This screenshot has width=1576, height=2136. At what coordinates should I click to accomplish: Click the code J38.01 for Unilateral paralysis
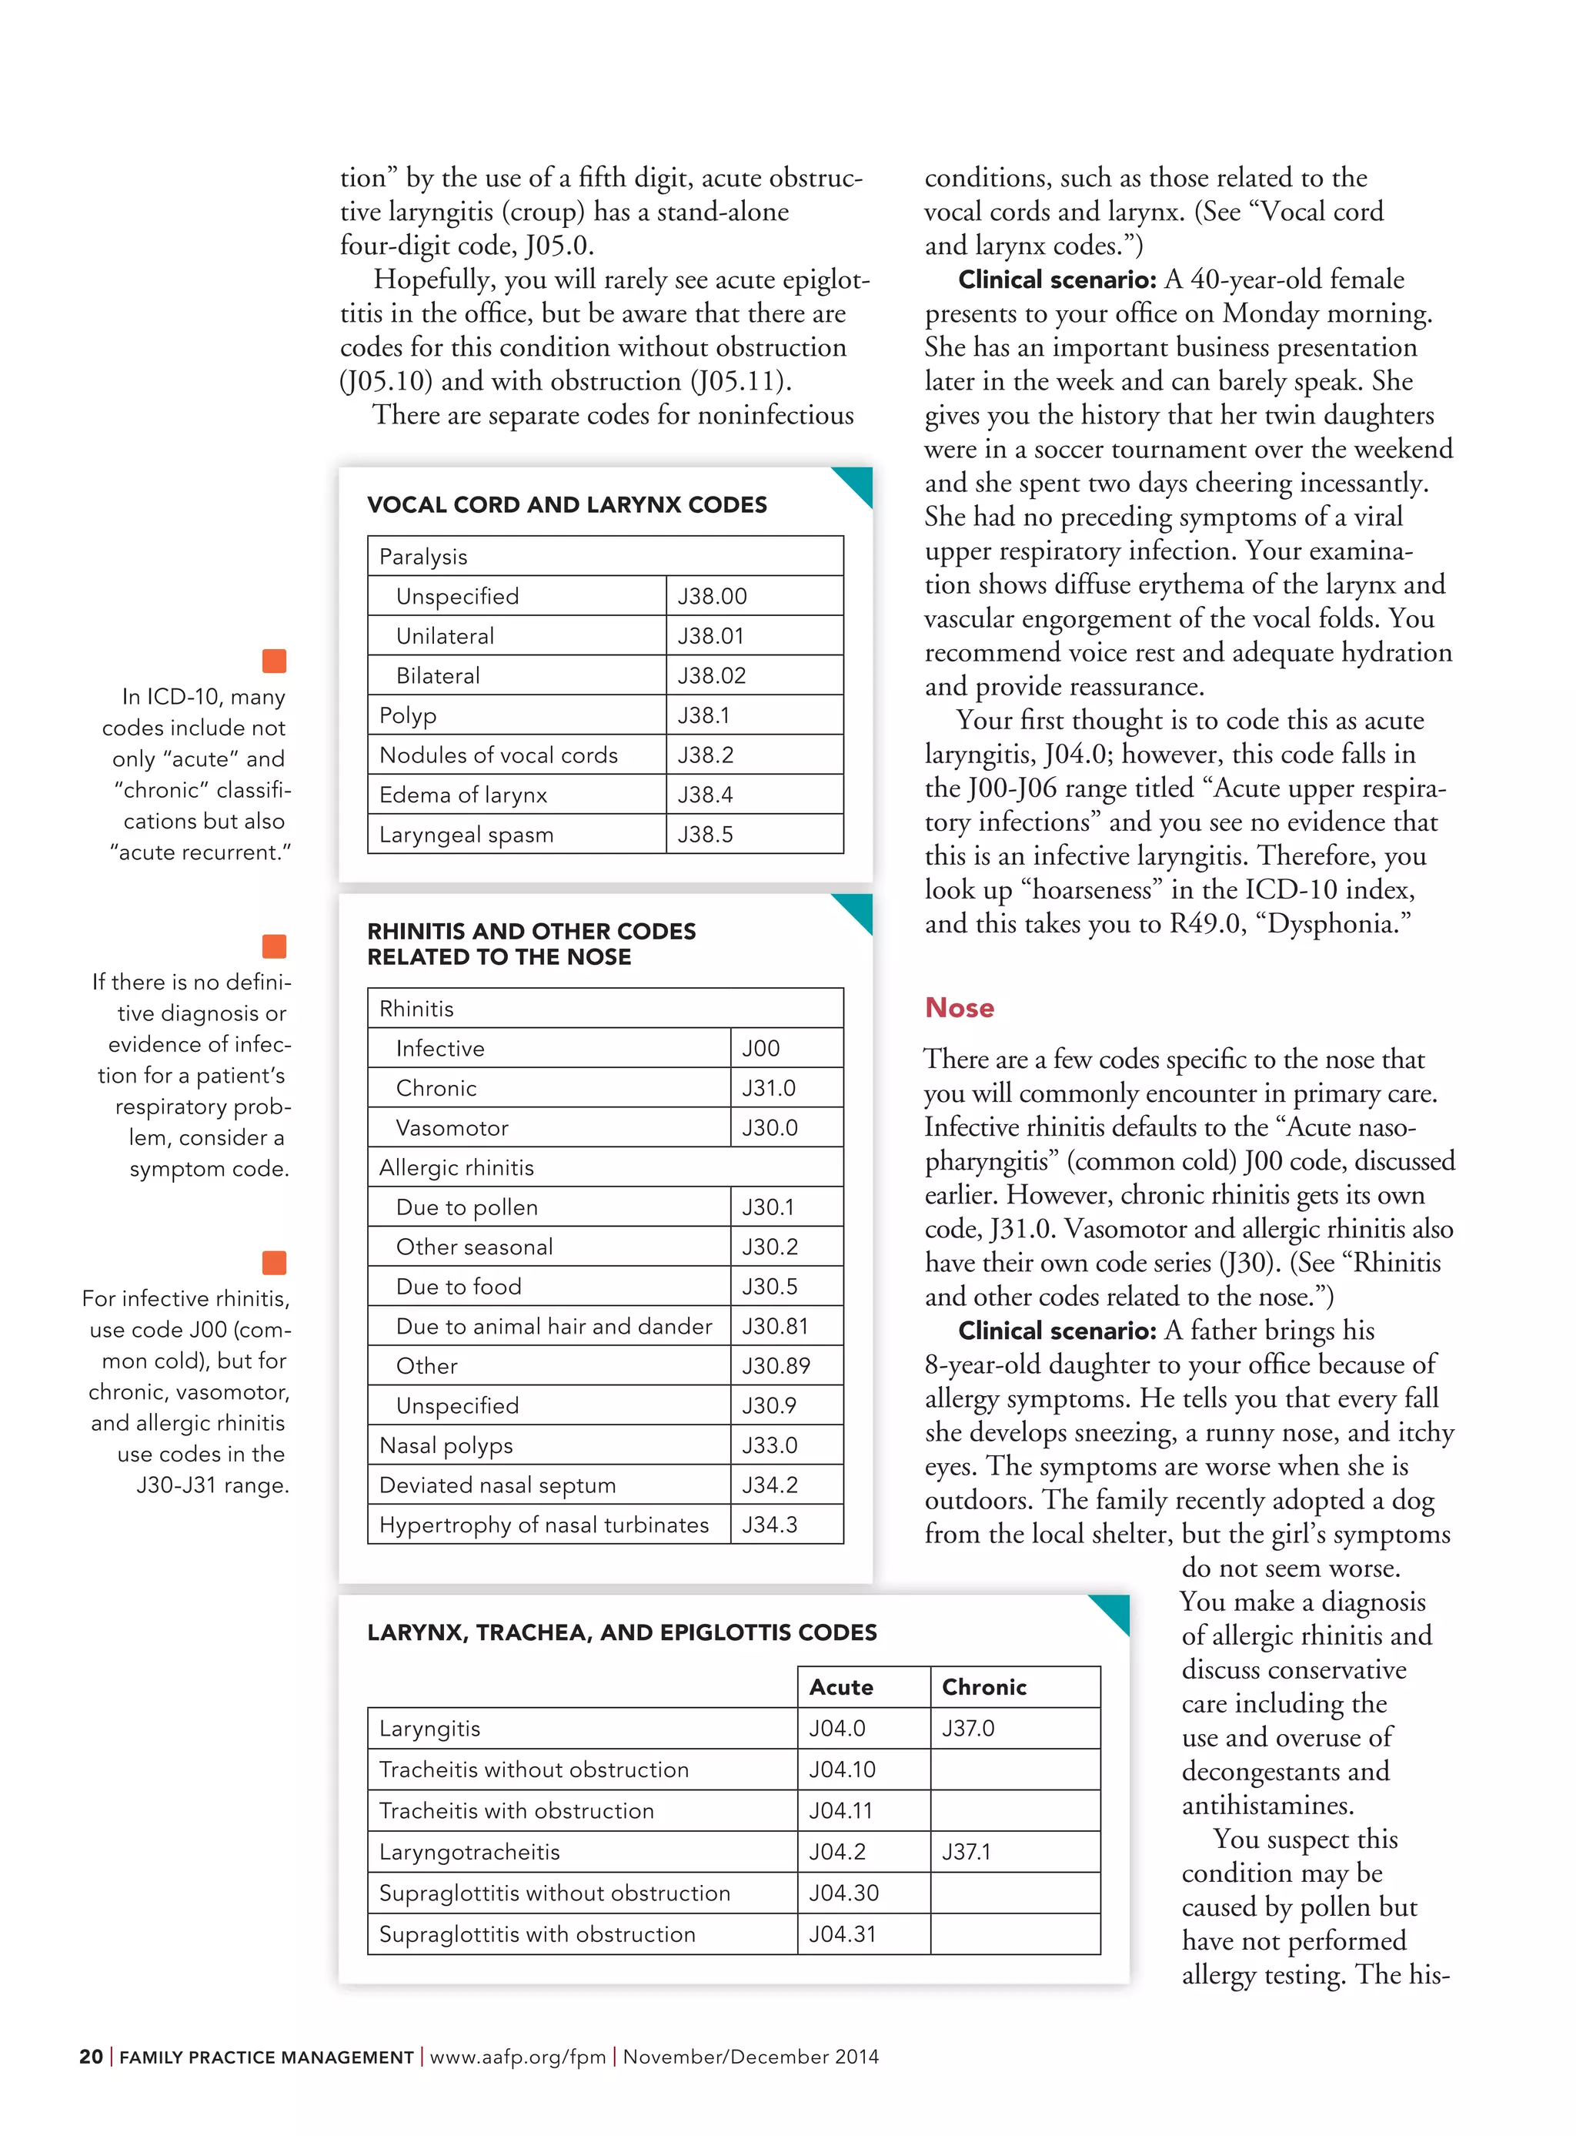click(x=711, y=636)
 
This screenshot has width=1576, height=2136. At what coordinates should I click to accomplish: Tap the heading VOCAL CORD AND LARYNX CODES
click(x=566, y=505)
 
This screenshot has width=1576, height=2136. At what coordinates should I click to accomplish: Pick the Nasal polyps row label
click(x=446, y=1445)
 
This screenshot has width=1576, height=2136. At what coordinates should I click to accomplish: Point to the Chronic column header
click(x=983, y=1686)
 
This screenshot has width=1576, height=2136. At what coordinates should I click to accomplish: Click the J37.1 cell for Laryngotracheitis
click(x=967, y=1852)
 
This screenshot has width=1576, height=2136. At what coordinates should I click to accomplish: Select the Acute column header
click(x=840, y=1686)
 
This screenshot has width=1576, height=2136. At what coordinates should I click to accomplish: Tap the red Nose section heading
click(x=959, y=1008)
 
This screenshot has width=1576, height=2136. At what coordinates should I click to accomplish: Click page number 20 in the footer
click(x=91, y=2057)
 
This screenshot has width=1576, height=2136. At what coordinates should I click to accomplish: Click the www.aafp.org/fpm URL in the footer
click(x=517, y=2057)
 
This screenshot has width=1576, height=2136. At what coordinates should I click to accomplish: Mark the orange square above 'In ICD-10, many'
click(x=274, y=661)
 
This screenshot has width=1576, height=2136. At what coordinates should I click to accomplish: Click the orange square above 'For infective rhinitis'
click(x=274, y=1263)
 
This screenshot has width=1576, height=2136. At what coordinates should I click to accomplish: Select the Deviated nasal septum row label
click(x=497, y=1485)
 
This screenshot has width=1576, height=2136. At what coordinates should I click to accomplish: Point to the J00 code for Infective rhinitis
click(x=760, y=1048)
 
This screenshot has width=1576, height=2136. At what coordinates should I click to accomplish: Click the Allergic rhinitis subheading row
click(x=456, y=1167)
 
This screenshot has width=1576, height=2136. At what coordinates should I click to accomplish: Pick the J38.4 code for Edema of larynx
click(x=705, y=795)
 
